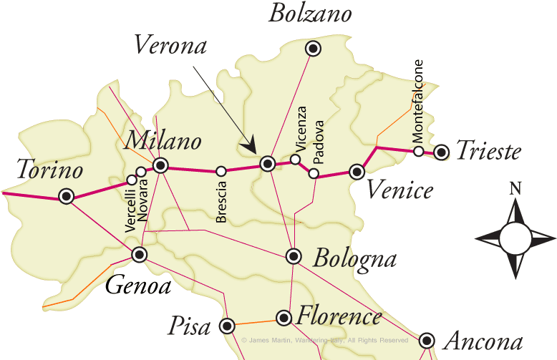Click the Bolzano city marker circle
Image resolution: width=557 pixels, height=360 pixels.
coord(313,49)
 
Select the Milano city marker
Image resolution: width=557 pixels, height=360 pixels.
coord(160,166)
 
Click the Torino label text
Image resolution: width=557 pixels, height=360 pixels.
coord(50,170)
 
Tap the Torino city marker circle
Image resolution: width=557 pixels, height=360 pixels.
coord(67,196)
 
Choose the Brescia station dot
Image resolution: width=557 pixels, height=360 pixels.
coord(221,171)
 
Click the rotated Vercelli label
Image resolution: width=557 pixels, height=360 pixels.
coord(130,208)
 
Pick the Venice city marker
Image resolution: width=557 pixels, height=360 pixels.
coord(357,171)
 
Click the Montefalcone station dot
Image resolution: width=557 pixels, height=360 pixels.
coord(419,151)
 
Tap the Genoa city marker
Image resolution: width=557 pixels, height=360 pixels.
coord(140,254)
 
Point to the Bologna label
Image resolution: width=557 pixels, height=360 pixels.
coord(354,257)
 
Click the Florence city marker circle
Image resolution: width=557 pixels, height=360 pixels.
coord(284,317)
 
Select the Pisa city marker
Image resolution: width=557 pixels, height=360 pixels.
coord(228,326)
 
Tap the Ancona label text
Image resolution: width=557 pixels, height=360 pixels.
coord(483,341)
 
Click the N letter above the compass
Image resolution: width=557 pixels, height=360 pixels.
coord(515,189)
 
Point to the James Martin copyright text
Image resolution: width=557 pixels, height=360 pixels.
coord(326,341)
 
